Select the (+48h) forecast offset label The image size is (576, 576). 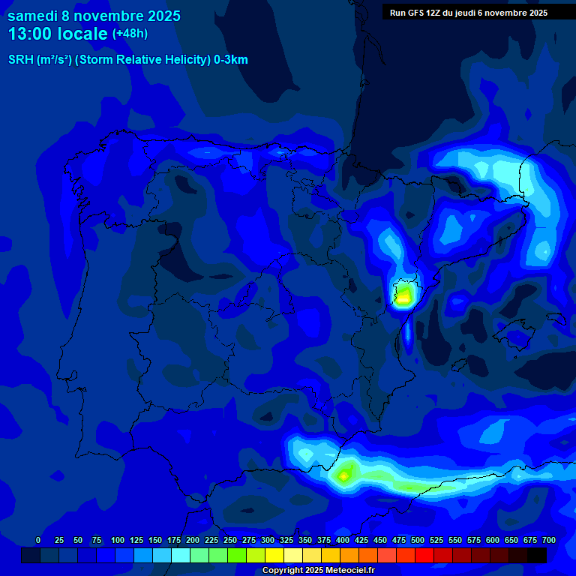point(130,34)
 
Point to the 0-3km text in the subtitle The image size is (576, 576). point(230,60)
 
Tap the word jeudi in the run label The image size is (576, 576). point(465,13)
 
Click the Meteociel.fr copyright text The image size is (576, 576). point(318,571)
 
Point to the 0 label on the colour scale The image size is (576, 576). point(38,540)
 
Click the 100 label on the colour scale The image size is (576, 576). point(118,540)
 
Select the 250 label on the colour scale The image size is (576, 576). point(230,540)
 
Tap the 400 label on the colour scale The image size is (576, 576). point(343,540)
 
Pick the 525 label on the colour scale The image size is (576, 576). point(436,540)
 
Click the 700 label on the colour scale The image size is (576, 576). point(549,540)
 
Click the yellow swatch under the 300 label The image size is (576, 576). point(274,555)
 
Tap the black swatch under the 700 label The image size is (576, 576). point(537,555)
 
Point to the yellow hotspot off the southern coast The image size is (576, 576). point(344,475)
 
